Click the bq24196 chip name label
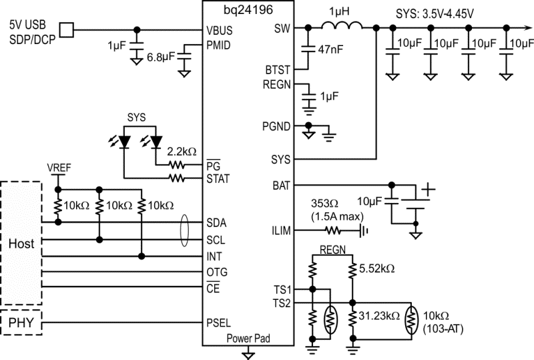coord(248,7)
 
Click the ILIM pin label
coord(281,231)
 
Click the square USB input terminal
coord(67,29)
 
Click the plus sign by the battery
coord(425,188)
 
